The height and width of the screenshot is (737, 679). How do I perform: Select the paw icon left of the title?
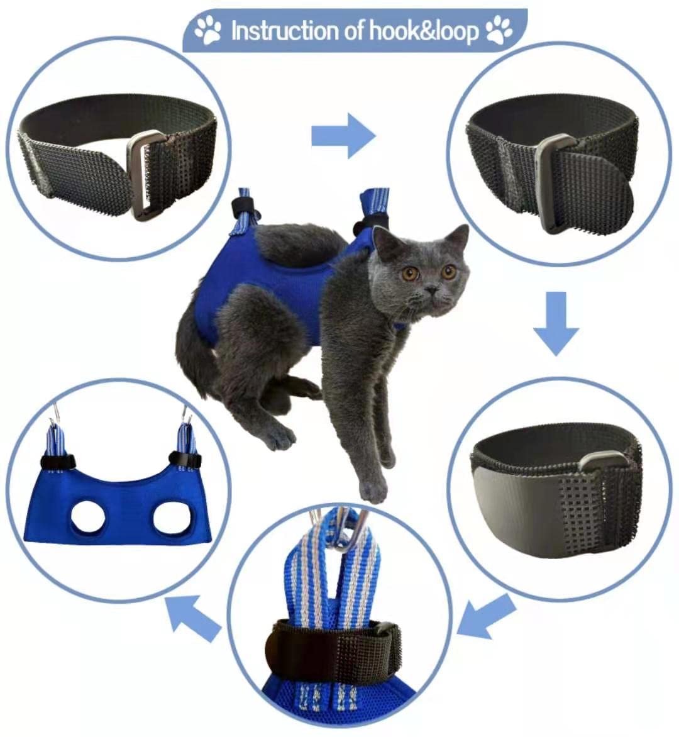[x=208, y=30]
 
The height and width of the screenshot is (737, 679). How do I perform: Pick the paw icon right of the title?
[x=500, y=30]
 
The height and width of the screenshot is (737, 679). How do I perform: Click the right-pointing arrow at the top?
[x=343, y=136]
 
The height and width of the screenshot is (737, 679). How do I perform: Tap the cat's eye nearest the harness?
[x=411, y=274]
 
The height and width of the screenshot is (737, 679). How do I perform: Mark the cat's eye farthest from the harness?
[x=448, y=272]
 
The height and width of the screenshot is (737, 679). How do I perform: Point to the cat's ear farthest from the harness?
[x=458, y=238]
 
